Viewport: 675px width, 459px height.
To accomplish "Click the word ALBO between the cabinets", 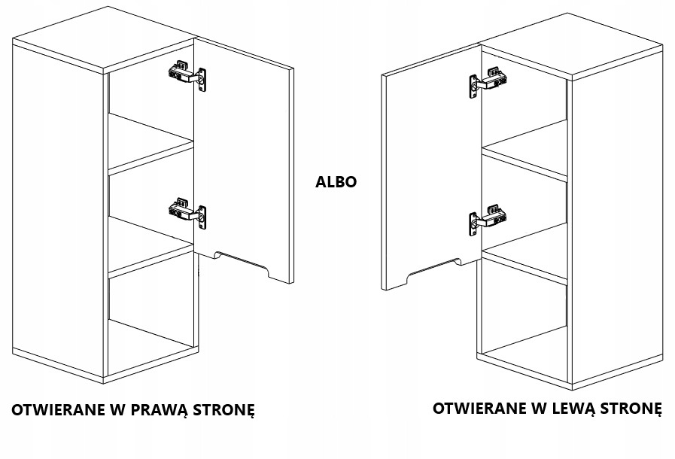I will coord(336,181).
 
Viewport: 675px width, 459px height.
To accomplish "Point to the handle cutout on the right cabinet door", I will coord(433,272).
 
